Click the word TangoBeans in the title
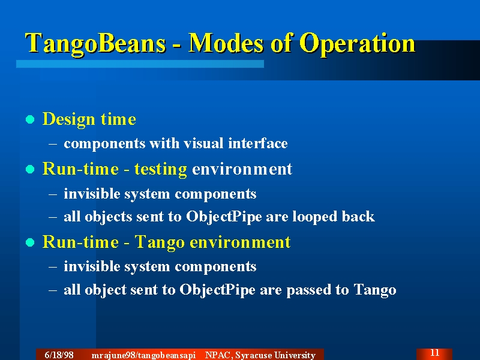coord(95,44)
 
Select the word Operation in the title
coord(357,44)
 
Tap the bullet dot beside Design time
coord(30,119)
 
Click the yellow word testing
coord(160,169)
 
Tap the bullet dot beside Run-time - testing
coord(30,169)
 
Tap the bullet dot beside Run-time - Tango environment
coord(30,242)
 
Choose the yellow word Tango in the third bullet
coord(160,242)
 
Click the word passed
coord(308,290)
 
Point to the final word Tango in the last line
coord(375,290)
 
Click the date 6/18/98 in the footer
coord(59,355)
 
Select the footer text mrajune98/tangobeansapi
coord(143,355)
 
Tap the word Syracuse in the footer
coord(253,355)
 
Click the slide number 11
coord(434,353)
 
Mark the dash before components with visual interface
coord(53,144)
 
